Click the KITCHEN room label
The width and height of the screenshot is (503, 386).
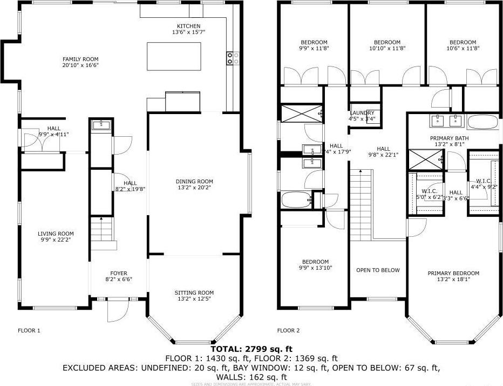click(188, 26)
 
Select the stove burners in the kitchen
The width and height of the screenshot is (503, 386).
click(233, 58)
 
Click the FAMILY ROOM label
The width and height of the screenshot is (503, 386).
click(80, 59)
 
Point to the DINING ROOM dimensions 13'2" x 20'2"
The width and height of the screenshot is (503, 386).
click(194, 188)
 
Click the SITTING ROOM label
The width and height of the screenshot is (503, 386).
click(194, 292)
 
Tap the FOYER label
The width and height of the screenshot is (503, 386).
click(119, 273)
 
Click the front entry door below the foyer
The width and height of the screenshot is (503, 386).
click(117, 310)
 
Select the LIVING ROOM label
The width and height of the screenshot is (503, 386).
click(55, 234)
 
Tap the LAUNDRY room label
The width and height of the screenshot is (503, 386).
click(362, 113)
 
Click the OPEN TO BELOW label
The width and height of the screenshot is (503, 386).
click(378, 270)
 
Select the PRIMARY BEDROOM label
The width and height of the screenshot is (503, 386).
click(453, 273)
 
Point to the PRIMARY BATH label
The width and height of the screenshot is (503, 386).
click(449, 138)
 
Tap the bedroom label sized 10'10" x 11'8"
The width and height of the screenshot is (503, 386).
click(387, 42)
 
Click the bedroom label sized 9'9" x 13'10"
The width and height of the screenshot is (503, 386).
click(315, 262)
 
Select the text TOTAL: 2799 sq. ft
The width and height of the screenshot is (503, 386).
click(251, 349)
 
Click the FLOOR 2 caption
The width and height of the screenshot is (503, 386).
click(288, 330)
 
